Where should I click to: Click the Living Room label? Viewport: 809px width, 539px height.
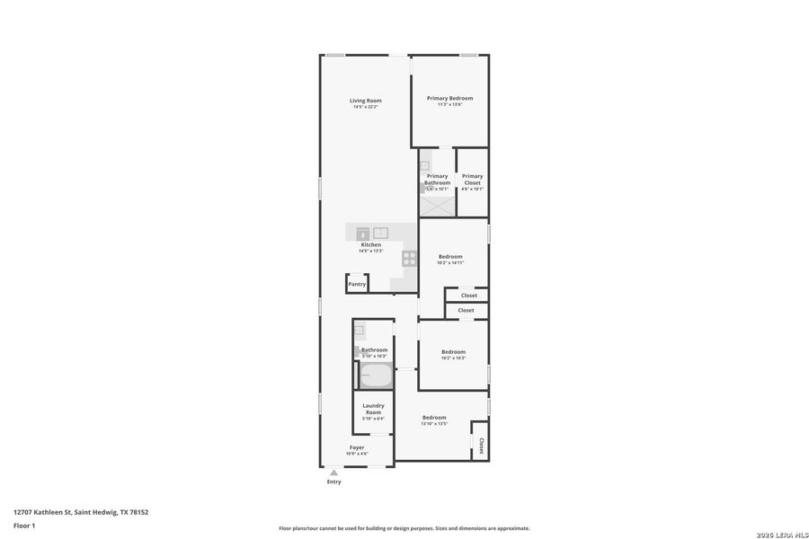click(366, 100)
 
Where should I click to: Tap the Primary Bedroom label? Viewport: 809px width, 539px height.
click(449, 98)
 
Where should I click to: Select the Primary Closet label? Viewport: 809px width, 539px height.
click(472, 179)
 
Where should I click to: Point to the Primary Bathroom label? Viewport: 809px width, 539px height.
click(437, 179)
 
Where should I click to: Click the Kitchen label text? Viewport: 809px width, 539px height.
click(371, 244)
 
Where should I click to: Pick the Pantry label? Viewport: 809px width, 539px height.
click(358, 284)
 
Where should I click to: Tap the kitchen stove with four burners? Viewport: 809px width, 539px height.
click(409, 258)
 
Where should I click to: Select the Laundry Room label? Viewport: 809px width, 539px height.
click(373, 409)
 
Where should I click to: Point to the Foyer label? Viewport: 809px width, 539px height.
click(358, 446)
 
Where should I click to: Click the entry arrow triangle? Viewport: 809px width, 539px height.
click(333, 472)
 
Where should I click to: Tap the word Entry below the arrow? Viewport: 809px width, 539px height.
click(333, 482)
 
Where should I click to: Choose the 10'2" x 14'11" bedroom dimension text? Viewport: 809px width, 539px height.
click(450, 263)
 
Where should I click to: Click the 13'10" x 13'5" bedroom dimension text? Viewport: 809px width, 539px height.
click(434, 424)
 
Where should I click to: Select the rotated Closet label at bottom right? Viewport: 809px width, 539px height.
click(481, 445)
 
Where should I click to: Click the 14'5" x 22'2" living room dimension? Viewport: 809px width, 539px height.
click(366, 107)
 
